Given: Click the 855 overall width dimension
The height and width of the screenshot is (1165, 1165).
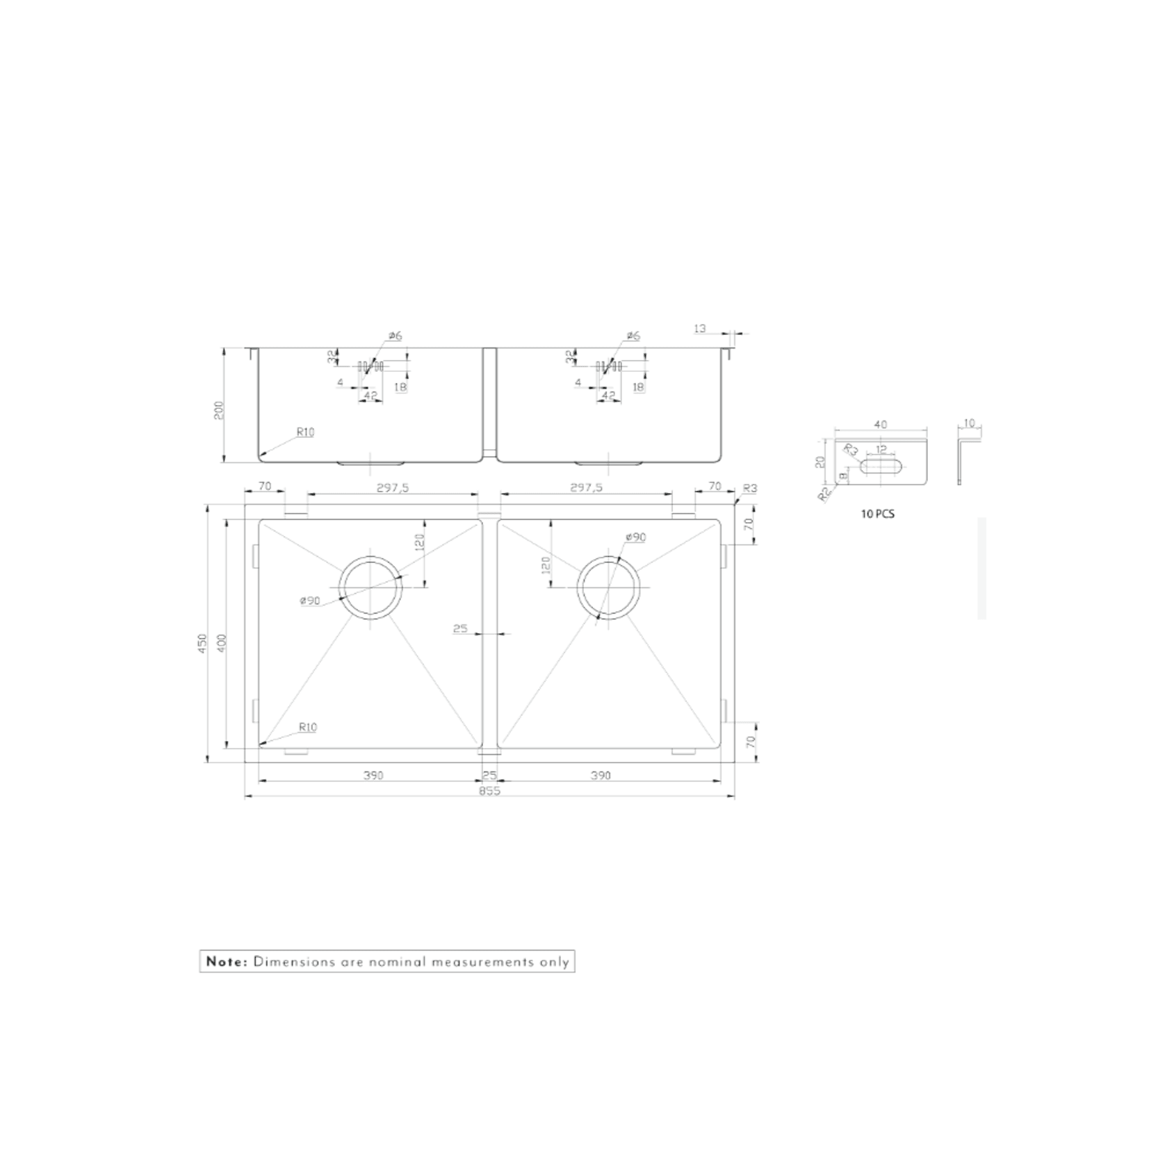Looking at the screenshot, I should point(489,791).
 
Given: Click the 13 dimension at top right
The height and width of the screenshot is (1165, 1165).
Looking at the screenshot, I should point(700,328).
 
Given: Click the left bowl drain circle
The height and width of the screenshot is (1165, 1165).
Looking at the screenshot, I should point(370,587).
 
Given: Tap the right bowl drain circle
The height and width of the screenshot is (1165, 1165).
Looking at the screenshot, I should point(609,587).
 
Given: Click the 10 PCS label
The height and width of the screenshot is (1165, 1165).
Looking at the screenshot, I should point(877,514).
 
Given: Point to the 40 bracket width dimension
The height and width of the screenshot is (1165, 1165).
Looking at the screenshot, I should point(880,425).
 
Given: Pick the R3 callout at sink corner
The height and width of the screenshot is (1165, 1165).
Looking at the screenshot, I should point(749,489).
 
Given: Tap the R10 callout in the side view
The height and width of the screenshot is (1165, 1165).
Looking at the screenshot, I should point(305,432).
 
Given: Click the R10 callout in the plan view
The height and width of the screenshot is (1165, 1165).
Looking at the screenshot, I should point(307,728).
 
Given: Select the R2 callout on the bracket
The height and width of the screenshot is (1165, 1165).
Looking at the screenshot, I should point(825,494).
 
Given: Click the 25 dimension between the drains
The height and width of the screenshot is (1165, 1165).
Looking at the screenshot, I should point(460,629).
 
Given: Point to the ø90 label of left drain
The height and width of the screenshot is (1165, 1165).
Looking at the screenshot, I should point(310,601).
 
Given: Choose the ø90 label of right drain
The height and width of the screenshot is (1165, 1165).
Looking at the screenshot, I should point(635,537).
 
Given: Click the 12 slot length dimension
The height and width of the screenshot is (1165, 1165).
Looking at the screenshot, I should point(881,450).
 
